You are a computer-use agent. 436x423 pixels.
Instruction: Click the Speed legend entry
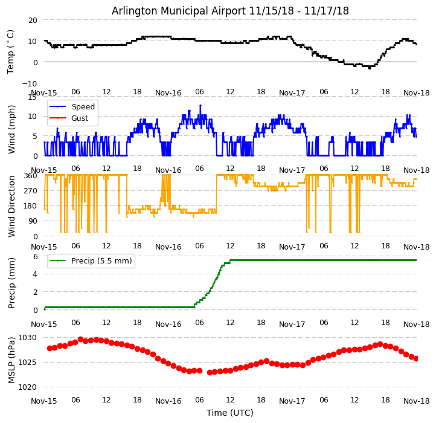[83, 107]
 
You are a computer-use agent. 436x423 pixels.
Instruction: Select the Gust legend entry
[79, 118]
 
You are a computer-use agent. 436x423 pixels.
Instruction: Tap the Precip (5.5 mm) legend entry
[97, 261]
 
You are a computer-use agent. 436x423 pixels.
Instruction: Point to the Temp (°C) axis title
[11, 51]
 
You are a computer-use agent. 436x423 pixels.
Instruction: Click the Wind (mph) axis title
[11, 129]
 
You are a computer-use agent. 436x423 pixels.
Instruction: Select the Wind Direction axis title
[11, 205]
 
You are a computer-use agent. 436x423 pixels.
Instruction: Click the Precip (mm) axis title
[11, 283]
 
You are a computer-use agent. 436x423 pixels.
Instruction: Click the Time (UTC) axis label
[230, 413]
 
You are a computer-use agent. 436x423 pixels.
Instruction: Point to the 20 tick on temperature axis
[32, 20]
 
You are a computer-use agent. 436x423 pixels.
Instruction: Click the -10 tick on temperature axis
[30, 83]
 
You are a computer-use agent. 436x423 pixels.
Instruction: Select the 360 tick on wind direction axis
[30, 175]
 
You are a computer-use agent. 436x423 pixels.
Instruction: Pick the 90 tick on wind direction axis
[32, 221]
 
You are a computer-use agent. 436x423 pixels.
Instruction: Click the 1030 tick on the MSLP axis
[28, 338]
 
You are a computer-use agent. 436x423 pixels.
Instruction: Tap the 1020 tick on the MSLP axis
[28, 387]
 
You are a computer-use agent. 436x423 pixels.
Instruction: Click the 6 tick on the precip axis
[35, 257]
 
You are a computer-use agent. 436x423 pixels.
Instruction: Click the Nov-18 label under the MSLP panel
[417, 401]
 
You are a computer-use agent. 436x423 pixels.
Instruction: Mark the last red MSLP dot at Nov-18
[416, 358]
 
